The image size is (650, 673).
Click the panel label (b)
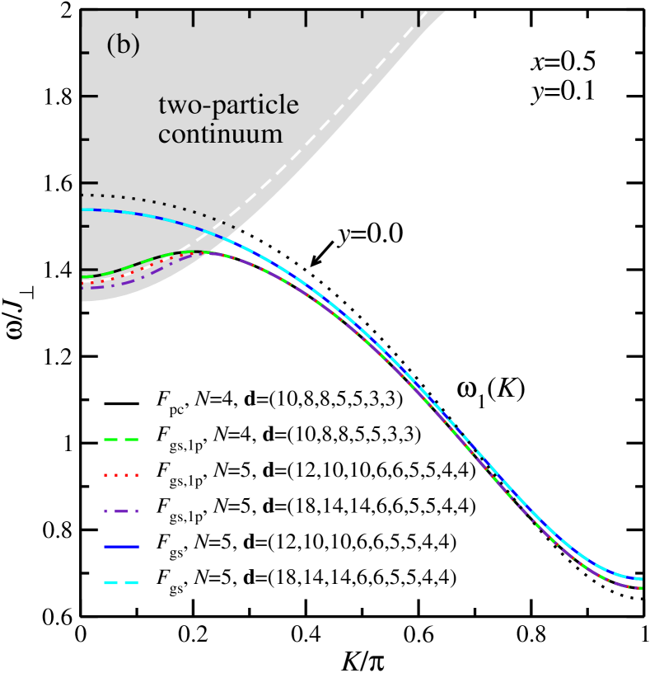coord(123,45)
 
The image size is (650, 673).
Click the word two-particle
coord(228,106)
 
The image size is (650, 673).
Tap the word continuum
coord(220,133)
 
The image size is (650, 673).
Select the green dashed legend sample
coord(122,440)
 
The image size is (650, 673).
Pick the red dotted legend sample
coord(122,476)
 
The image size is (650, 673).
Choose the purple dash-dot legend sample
coord(122,511)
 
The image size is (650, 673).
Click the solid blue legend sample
coord(122,547)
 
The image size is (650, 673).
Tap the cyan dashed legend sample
coord(122,583)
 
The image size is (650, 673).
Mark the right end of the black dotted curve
coord(236,228)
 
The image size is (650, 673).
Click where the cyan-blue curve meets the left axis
coord(83,209)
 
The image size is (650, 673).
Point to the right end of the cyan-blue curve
coord(641,579)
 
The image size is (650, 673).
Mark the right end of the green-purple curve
coord(641,588)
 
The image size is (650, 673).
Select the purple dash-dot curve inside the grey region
coord(132,281)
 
